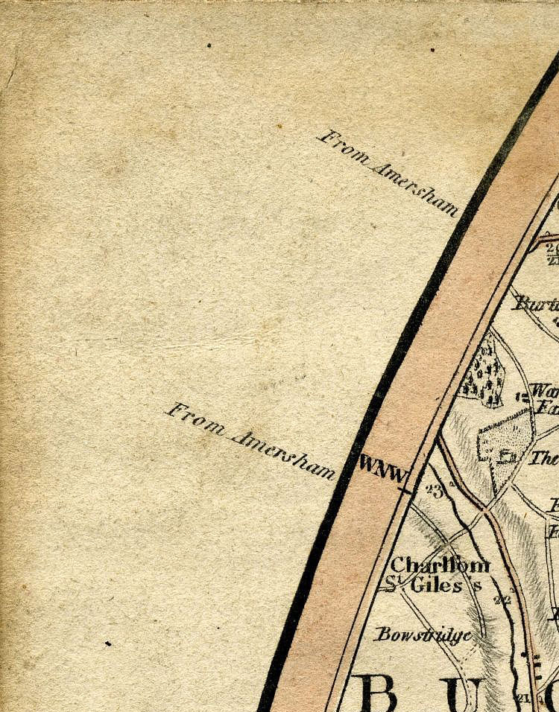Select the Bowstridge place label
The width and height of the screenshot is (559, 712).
point(423,635)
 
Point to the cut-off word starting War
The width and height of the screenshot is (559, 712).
point(546,390)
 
